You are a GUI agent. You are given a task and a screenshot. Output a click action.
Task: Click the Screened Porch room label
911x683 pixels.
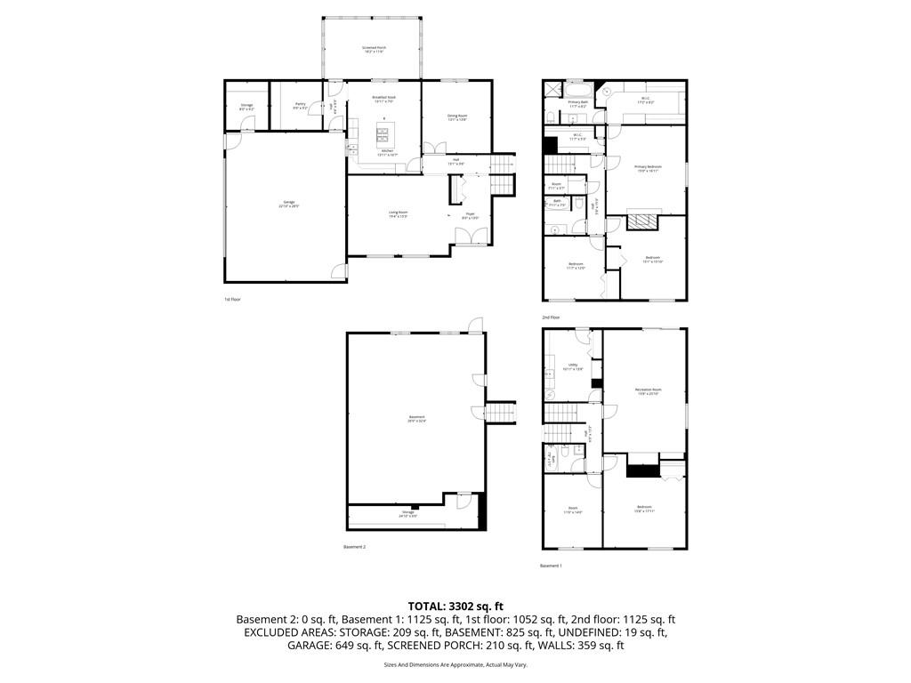click(374, 48)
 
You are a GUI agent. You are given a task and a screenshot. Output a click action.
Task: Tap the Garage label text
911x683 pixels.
click(289, 204)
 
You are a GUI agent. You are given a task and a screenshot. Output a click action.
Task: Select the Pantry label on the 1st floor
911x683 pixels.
click(300, 105)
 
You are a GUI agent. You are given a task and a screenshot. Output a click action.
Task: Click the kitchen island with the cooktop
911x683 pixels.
click(383, 135)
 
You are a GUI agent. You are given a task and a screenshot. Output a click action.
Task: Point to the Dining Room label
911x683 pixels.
click(457, 117)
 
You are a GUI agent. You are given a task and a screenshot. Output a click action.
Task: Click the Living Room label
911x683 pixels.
click(398, 213)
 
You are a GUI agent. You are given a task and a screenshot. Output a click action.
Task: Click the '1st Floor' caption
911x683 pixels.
click(232, 300)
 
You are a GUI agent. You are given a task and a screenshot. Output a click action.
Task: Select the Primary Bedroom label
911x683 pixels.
click(648, 168)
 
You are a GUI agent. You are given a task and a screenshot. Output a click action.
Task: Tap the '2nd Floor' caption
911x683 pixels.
click(551, 317)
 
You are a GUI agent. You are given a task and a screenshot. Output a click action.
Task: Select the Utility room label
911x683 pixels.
click(574, 366)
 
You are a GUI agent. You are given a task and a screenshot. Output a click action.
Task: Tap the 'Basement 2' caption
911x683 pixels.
click(354, 547)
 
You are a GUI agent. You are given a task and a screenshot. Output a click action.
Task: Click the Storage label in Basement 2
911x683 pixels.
click(407, 513)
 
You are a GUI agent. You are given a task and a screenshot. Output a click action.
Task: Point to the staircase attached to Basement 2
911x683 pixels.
click(500, 413)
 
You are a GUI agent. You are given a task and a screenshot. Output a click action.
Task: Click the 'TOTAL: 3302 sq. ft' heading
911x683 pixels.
click(455, 607)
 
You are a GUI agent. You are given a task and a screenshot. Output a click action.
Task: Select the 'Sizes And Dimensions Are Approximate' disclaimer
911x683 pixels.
click(455, 664)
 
